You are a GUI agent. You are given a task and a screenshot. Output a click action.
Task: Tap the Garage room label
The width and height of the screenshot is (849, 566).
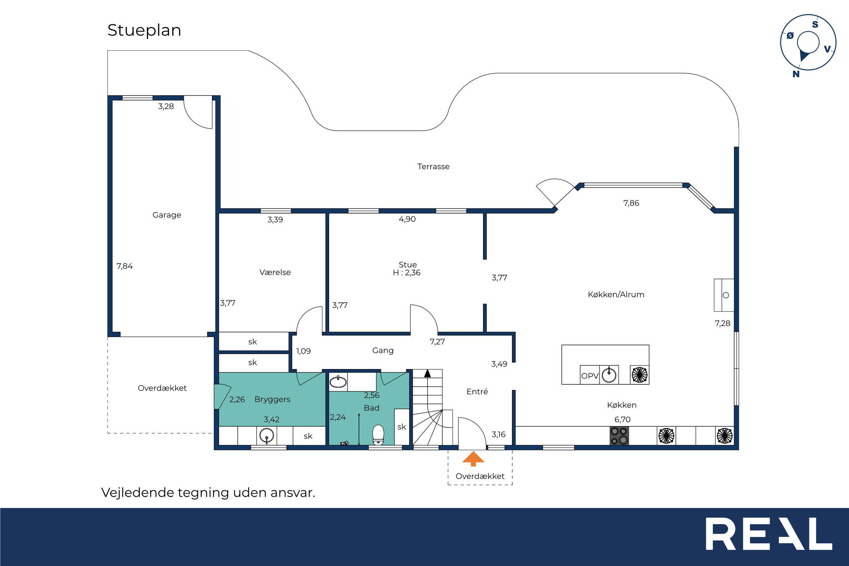point(167,215)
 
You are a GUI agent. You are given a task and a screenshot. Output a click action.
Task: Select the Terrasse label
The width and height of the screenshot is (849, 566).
point(433,167)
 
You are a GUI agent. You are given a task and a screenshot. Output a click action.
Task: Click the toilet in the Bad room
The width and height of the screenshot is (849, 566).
point(378,435)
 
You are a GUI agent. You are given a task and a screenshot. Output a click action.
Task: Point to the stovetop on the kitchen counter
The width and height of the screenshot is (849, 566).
point(619,436)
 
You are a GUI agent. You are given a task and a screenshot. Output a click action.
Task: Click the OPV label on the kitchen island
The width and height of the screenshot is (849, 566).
point(590,376)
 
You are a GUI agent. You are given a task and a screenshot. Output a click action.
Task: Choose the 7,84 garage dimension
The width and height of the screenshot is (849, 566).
point(124,267)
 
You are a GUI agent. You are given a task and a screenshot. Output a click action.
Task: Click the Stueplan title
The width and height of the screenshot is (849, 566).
point(144,30)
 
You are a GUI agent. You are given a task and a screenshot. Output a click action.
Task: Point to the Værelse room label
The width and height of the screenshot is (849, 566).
point(275,272)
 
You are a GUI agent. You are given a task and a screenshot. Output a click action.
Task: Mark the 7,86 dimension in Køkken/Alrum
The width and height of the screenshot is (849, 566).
point(631,203)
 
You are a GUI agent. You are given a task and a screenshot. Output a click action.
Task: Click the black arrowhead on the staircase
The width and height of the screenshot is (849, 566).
point(427,373)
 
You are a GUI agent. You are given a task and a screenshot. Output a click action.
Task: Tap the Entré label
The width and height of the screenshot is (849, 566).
point(477,392)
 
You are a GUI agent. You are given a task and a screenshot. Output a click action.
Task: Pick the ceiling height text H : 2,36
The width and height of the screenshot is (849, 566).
point(407,273)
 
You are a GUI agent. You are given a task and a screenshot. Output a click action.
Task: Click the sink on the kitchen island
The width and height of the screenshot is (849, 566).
point(609,375)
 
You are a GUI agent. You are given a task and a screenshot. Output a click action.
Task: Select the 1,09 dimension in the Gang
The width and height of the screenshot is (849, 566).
point(303,351)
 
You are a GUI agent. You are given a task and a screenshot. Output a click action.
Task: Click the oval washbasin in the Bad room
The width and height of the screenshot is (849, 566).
point(338,381)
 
